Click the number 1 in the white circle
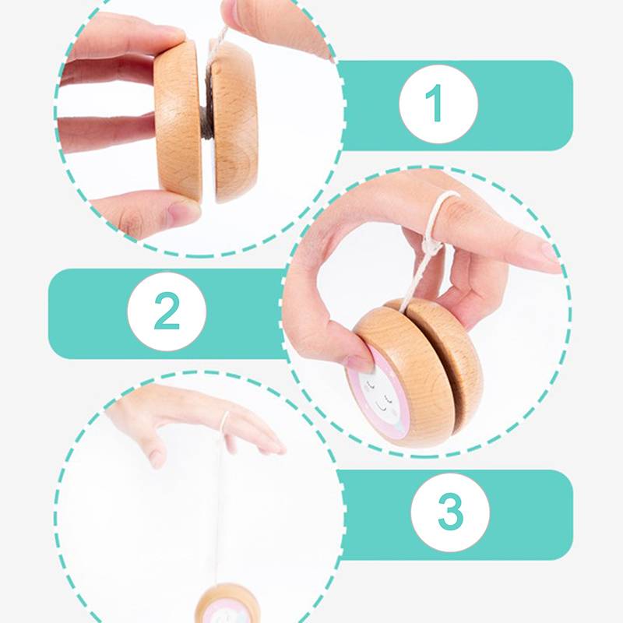click(x=435, y=103)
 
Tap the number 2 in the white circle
click(x=167, y=311)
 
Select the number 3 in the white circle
click(x=451, y=512)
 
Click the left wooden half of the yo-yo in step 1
click(x=178, y=121)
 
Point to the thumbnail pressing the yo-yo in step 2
click(x=359, y=363)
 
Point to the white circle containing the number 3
click(x=450, y=512)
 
